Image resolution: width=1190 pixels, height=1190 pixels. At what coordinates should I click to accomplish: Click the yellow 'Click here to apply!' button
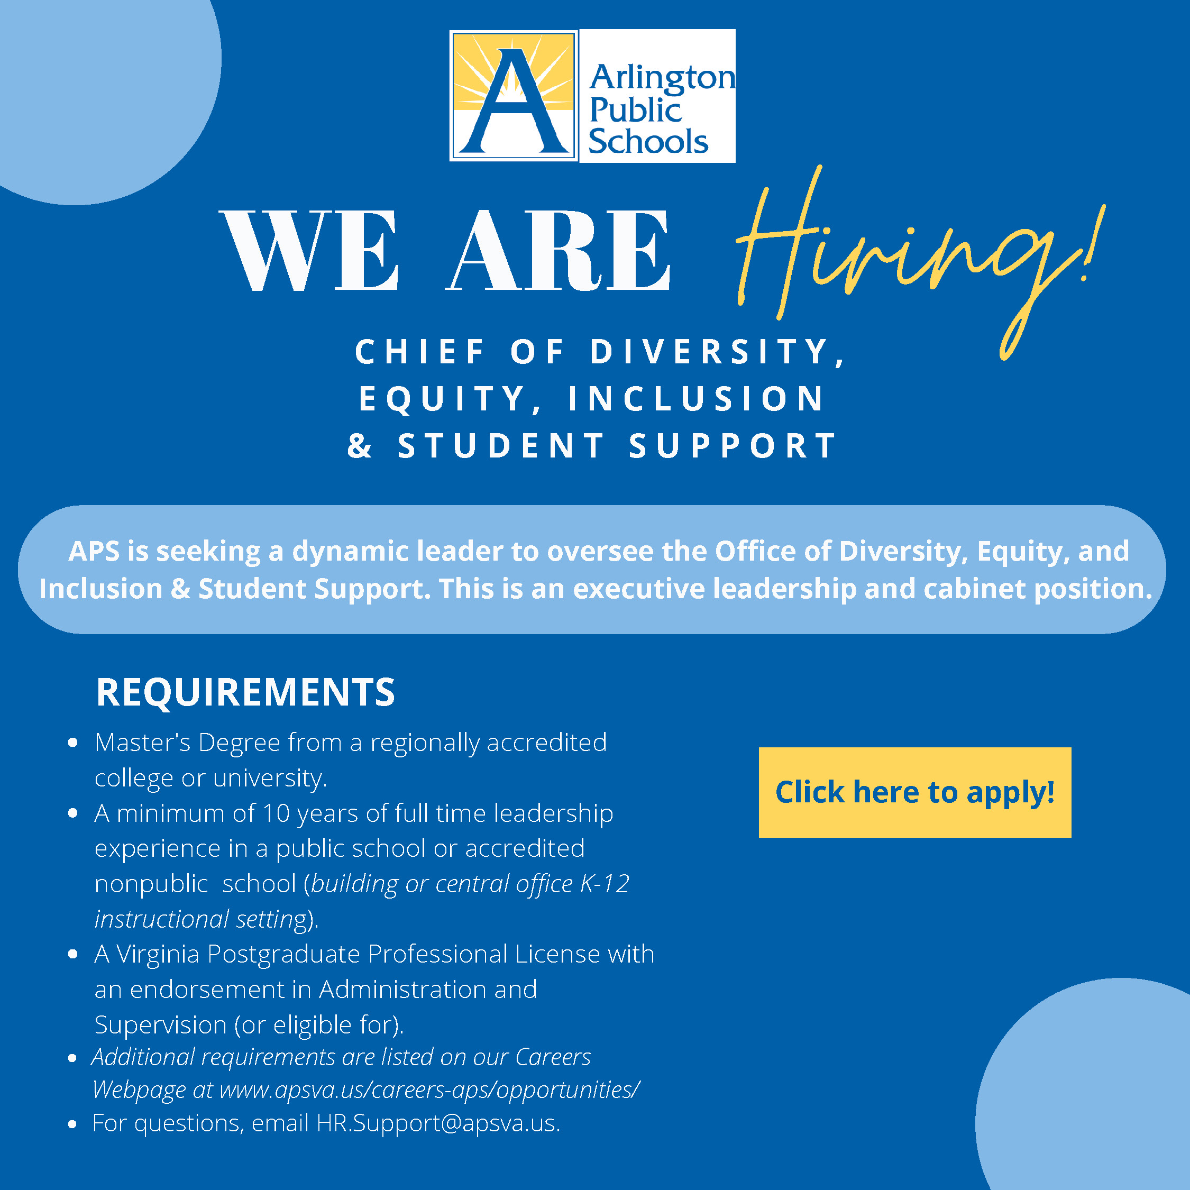pos(914,792)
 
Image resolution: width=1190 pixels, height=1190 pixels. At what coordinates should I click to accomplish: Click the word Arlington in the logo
pos(662,78)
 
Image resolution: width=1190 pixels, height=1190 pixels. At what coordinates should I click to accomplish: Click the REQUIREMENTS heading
pos(245,692)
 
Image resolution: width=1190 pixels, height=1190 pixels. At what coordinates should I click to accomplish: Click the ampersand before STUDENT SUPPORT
pos(360,445)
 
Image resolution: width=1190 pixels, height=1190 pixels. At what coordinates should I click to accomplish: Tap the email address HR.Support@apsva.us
pos(438,1123)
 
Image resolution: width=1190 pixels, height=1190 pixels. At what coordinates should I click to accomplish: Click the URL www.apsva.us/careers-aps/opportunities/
pos(429,1090)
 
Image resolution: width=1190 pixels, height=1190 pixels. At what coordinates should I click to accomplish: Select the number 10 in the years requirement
pos(276,813)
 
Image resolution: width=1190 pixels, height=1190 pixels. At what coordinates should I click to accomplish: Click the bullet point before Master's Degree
pos(72,743)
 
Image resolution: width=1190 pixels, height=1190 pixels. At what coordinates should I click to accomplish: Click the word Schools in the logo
pos(648,141)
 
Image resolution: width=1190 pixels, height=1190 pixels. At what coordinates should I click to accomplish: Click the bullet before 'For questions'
pos(72,1124)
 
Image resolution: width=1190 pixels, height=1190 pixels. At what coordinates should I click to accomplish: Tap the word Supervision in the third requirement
pos(161,1025)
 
